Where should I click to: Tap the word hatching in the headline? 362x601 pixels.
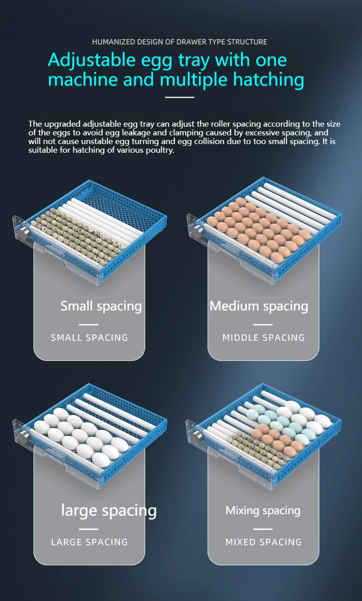[269, 80]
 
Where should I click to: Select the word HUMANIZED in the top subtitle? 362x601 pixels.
[113, 42]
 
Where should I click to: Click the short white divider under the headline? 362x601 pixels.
[180, 97]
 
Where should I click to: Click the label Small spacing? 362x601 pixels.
[101, 306]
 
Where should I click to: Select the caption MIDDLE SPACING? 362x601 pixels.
[263, 338]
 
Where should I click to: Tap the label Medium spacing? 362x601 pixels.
[259, 306]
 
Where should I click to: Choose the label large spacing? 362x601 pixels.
[109, 511]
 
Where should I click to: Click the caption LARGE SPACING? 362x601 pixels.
[89, 542]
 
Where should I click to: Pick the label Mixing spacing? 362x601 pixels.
[263, 510]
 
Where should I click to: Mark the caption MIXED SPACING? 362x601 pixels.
[263, 542]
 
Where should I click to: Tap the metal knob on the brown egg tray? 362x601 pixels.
[198, 230]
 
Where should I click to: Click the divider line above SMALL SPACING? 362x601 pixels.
[89, 325]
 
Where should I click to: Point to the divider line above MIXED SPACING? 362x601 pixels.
[263, 529]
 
